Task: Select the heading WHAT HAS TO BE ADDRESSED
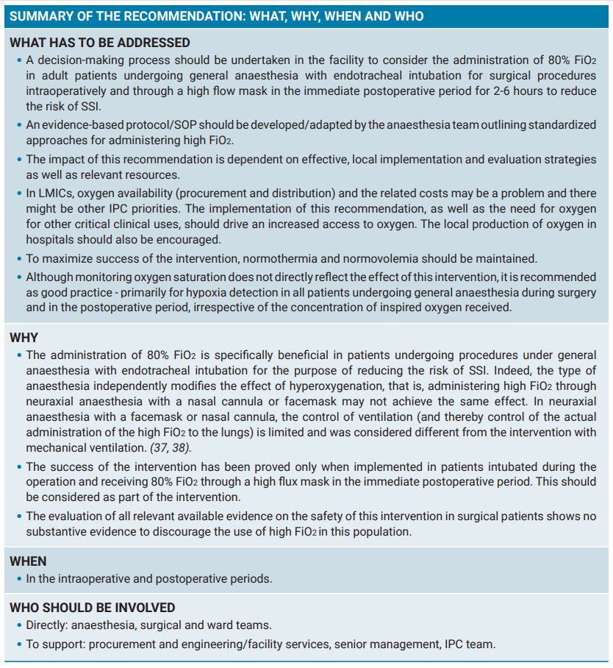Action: pyautogui.click(x=99, y=43)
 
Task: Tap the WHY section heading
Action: pyautogui.click(x=24, y=338)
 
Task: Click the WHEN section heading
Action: pyautogui.click(x=28, y=561)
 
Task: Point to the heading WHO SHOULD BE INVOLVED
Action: pyautogui.click(x=92, y=608)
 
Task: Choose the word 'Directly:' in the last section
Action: pyautogui.click(x=50, y=625)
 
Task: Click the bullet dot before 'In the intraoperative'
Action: pyautogui.click(x=18, y=579)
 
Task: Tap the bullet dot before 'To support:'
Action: pyautogui.click(x=18, y=644)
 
